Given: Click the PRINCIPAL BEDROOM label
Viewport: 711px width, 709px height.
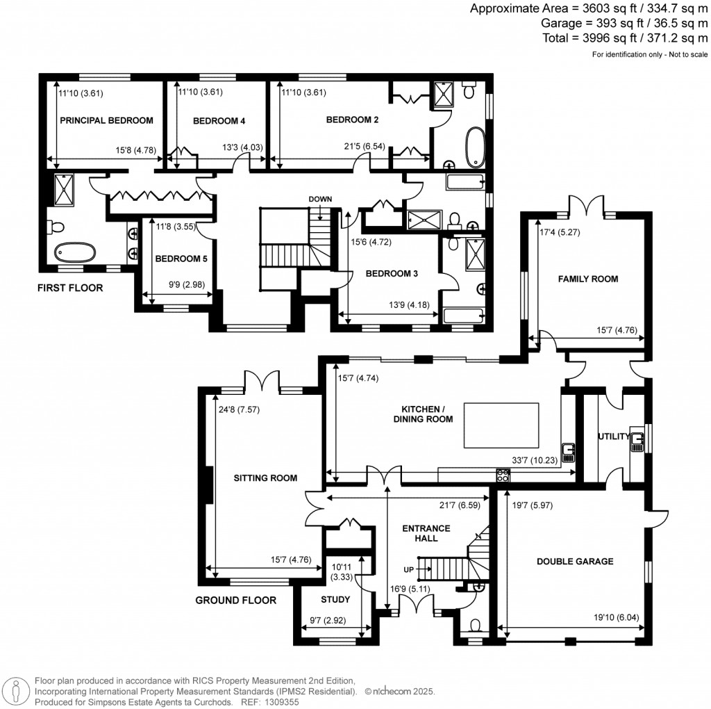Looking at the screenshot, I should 106,120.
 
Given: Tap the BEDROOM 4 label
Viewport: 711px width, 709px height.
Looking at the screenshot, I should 219,121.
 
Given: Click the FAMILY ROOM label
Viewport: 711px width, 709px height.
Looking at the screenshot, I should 588,279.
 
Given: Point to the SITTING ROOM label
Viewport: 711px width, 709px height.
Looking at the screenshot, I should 265,478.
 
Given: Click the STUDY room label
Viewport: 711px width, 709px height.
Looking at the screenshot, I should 335,599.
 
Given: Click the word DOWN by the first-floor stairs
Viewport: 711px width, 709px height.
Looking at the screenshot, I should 321,199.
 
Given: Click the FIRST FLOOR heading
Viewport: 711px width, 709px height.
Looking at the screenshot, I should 69,287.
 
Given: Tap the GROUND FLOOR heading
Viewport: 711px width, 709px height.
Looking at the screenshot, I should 235,600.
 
